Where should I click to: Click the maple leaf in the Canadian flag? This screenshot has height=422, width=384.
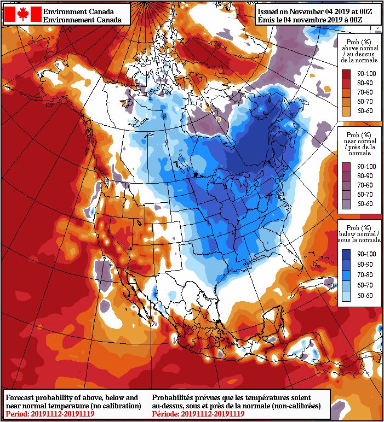tap(22, 14)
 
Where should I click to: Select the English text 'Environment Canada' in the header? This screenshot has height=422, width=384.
tap(78, 11)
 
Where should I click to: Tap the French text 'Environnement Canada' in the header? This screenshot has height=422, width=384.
tap(82, 19)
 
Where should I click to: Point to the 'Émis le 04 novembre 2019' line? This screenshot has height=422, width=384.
tap(318, 19)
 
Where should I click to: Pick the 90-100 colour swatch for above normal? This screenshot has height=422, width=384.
tap(346, 73)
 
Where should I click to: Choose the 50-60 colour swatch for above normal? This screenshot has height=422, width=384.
tap(346, 111)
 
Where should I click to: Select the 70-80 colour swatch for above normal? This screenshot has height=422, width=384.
tap(346, 92)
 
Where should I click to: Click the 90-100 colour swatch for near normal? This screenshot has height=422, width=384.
tap(346, 166)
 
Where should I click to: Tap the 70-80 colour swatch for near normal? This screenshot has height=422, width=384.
tap(346, 185)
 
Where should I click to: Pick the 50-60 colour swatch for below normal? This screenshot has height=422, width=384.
tap(346, 296)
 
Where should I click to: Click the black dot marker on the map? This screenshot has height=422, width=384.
tap(195, 174)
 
